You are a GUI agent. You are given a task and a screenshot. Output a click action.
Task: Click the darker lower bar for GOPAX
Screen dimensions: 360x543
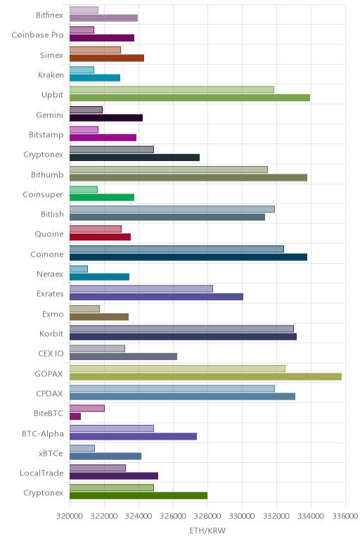[x=205, y=376]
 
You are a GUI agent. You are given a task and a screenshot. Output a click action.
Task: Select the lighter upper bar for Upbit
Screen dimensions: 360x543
[x=172, y=89]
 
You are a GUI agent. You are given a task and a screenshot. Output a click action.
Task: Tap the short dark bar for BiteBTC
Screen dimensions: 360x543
[x=75, y=416]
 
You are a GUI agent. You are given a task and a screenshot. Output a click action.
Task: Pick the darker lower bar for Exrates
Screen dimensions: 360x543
[x=157, y=297]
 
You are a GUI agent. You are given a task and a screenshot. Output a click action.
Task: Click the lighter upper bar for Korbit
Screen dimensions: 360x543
[x=181, y=328]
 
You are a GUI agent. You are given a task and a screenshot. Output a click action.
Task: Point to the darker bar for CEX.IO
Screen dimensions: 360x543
[x=123, y=357]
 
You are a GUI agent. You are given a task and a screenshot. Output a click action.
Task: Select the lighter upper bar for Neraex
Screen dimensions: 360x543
[x=79, y=269]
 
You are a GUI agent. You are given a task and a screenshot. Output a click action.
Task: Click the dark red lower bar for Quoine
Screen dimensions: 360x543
[x=100, y=237]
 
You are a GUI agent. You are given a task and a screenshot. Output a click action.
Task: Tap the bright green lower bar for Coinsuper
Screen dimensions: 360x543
[x=102, y=198]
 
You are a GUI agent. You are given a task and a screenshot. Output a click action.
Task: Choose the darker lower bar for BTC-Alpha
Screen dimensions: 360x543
[x=134, y=436]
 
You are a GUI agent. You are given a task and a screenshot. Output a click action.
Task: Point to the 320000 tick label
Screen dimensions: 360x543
[x=70, y=516]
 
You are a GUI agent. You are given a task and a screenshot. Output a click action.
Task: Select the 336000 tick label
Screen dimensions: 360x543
[x=345, y=516]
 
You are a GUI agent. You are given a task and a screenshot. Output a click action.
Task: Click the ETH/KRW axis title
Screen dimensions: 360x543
[x=207, y=530]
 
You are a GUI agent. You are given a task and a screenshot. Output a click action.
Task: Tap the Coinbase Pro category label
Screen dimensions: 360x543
[x=37, y=35]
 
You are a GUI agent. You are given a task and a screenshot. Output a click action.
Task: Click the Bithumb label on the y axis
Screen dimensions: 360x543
[x=47, y=174]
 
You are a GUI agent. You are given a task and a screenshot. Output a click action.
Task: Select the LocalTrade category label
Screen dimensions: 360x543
[x=41, y=473]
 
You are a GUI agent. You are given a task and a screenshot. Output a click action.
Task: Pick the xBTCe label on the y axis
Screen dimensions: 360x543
[x=51, y=453]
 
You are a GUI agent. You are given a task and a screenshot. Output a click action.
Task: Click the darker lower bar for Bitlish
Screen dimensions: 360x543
[x=167, y=217]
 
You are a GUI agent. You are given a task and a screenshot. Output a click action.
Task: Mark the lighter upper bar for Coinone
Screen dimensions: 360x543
[x=176, y=249]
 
